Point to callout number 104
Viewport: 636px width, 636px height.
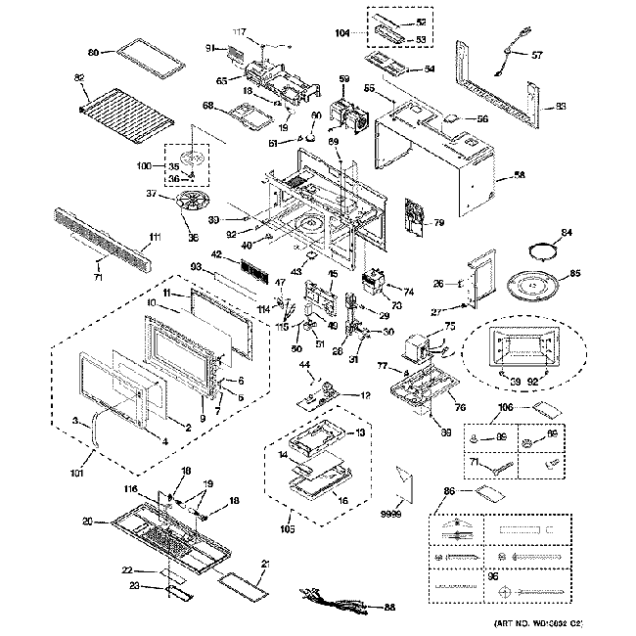(343, 32)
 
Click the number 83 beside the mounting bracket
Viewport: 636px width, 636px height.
(561, 106)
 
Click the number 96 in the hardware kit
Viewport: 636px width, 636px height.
(493, 576)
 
